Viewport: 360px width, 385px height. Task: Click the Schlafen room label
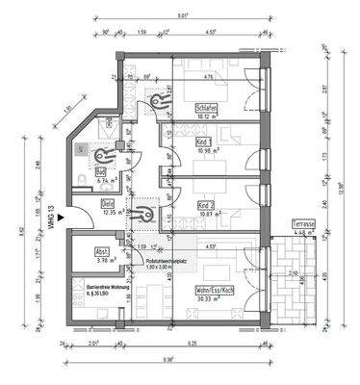click(204, 107)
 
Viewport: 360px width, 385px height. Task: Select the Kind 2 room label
click(204, 205)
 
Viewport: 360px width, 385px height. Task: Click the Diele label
click(109, 202)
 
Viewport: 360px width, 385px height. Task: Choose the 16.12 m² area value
click(204, 115)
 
